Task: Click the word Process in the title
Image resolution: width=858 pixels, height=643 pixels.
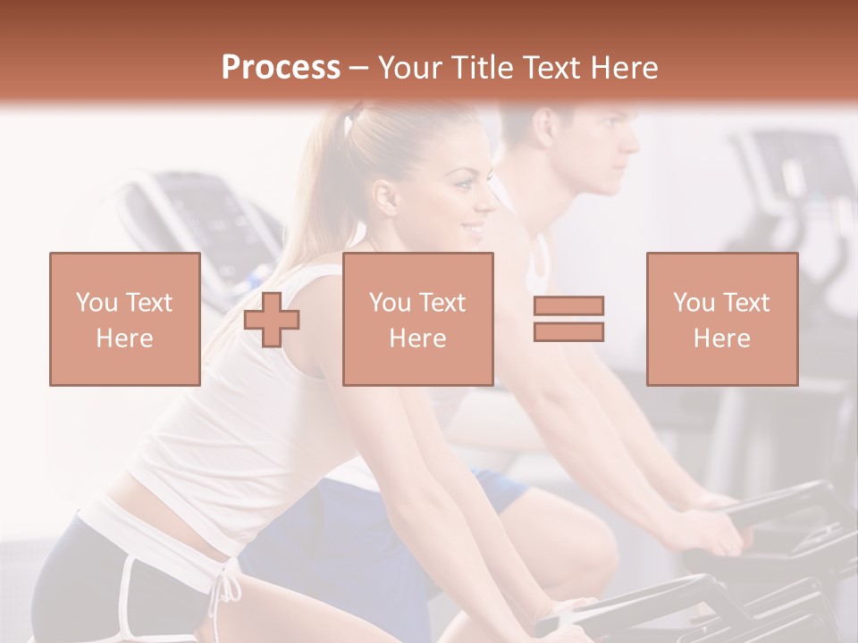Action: pyautogui.click(x=281, y=68)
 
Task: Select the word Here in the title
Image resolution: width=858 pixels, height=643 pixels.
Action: pyautogui.click(x=624, y=68)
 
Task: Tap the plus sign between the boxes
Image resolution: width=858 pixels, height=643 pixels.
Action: pyautogui.click(x=272, y=320)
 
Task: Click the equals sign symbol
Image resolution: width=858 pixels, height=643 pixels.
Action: pyautogui.click(x=568, y=319)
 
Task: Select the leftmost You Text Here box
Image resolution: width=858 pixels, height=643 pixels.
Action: pyautogui.click(x=125, y=320)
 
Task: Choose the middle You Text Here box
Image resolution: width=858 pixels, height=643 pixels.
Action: pyautogui.click(x=418, y=320)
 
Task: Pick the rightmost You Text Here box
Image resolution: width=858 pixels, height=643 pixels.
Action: pyautogui.click(x=722, y=320)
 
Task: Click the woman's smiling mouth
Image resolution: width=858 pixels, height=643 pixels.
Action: pyautogui.click(x=472, y=230)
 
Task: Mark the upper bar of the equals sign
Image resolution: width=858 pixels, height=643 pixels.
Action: pyautogui.click(x=568, y=306)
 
